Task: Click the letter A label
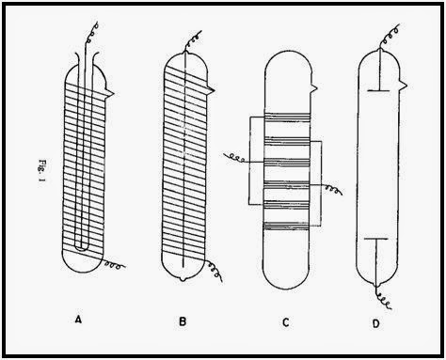[78, 320]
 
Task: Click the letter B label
[183, 321]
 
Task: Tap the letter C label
[285, 322]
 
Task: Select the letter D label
[375, 323]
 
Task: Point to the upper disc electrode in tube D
[378, 90]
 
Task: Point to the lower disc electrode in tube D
[376, 239]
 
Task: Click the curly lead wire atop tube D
[390, 37]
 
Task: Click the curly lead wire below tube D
[383, 298]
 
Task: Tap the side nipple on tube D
[404, 85]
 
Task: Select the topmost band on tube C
[288, 116]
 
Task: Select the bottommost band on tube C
[286, 227]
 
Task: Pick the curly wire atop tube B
[193, 41]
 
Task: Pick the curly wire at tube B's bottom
[215, 270]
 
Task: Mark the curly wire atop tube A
[90, 34]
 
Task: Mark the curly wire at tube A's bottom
[115, 264]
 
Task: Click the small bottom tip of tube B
[183, 279]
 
